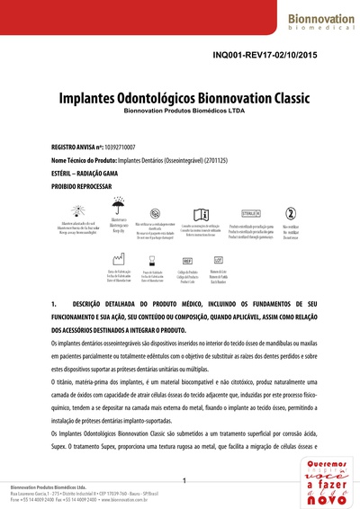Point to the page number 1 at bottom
tap(184, 482)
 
